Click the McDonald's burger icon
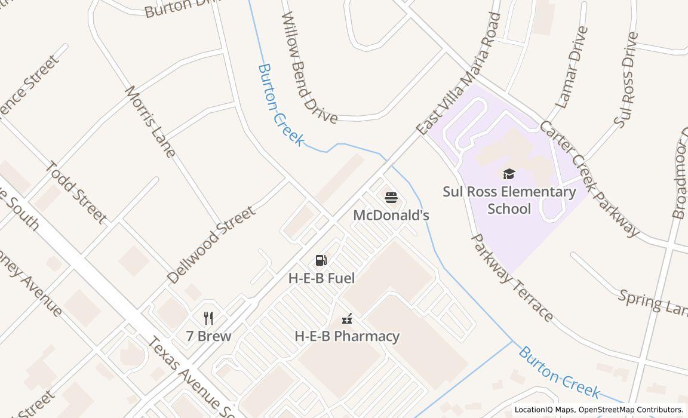point(391,198)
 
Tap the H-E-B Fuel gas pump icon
point(321,260)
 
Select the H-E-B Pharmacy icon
point(347,319)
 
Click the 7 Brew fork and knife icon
point(208,318)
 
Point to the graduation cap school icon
point(509,174)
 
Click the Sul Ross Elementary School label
point(509,200)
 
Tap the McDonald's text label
point(391,215)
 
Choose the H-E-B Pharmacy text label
point(347,336)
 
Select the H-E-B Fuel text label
point(321,278)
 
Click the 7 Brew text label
point(208,336)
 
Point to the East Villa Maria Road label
point(459,75)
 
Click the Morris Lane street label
point(150,122)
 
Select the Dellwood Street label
point(211,244)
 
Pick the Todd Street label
point(77,192)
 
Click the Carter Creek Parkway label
point(589,178)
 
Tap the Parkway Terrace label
point(512,277)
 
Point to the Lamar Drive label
point(572,67)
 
